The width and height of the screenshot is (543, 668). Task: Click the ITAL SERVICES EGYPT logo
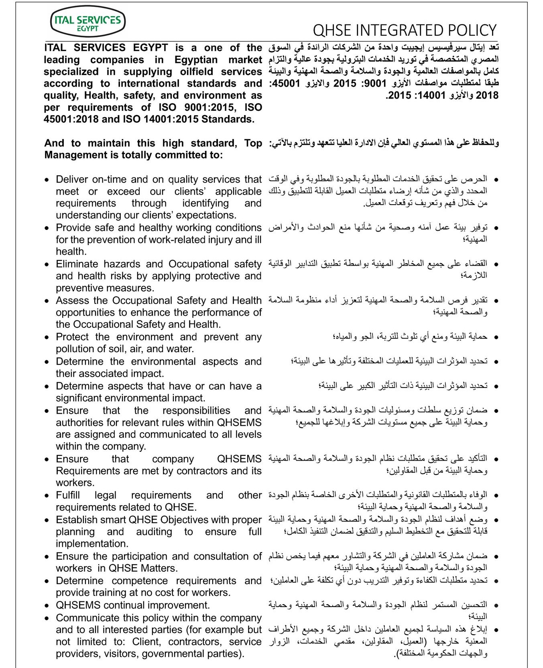tap(88, 22)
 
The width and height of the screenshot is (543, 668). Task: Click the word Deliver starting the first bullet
tap(72, 179)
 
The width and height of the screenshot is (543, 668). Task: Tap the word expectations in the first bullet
tap(206, 215)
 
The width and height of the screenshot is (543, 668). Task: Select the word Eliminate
tap(78, 264)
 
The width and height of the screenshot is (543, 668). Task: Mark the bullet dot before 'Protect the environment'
tap(48, 337)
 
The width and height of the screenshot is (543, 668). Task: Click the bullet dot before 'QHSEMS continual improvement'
tap(48, 605)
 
